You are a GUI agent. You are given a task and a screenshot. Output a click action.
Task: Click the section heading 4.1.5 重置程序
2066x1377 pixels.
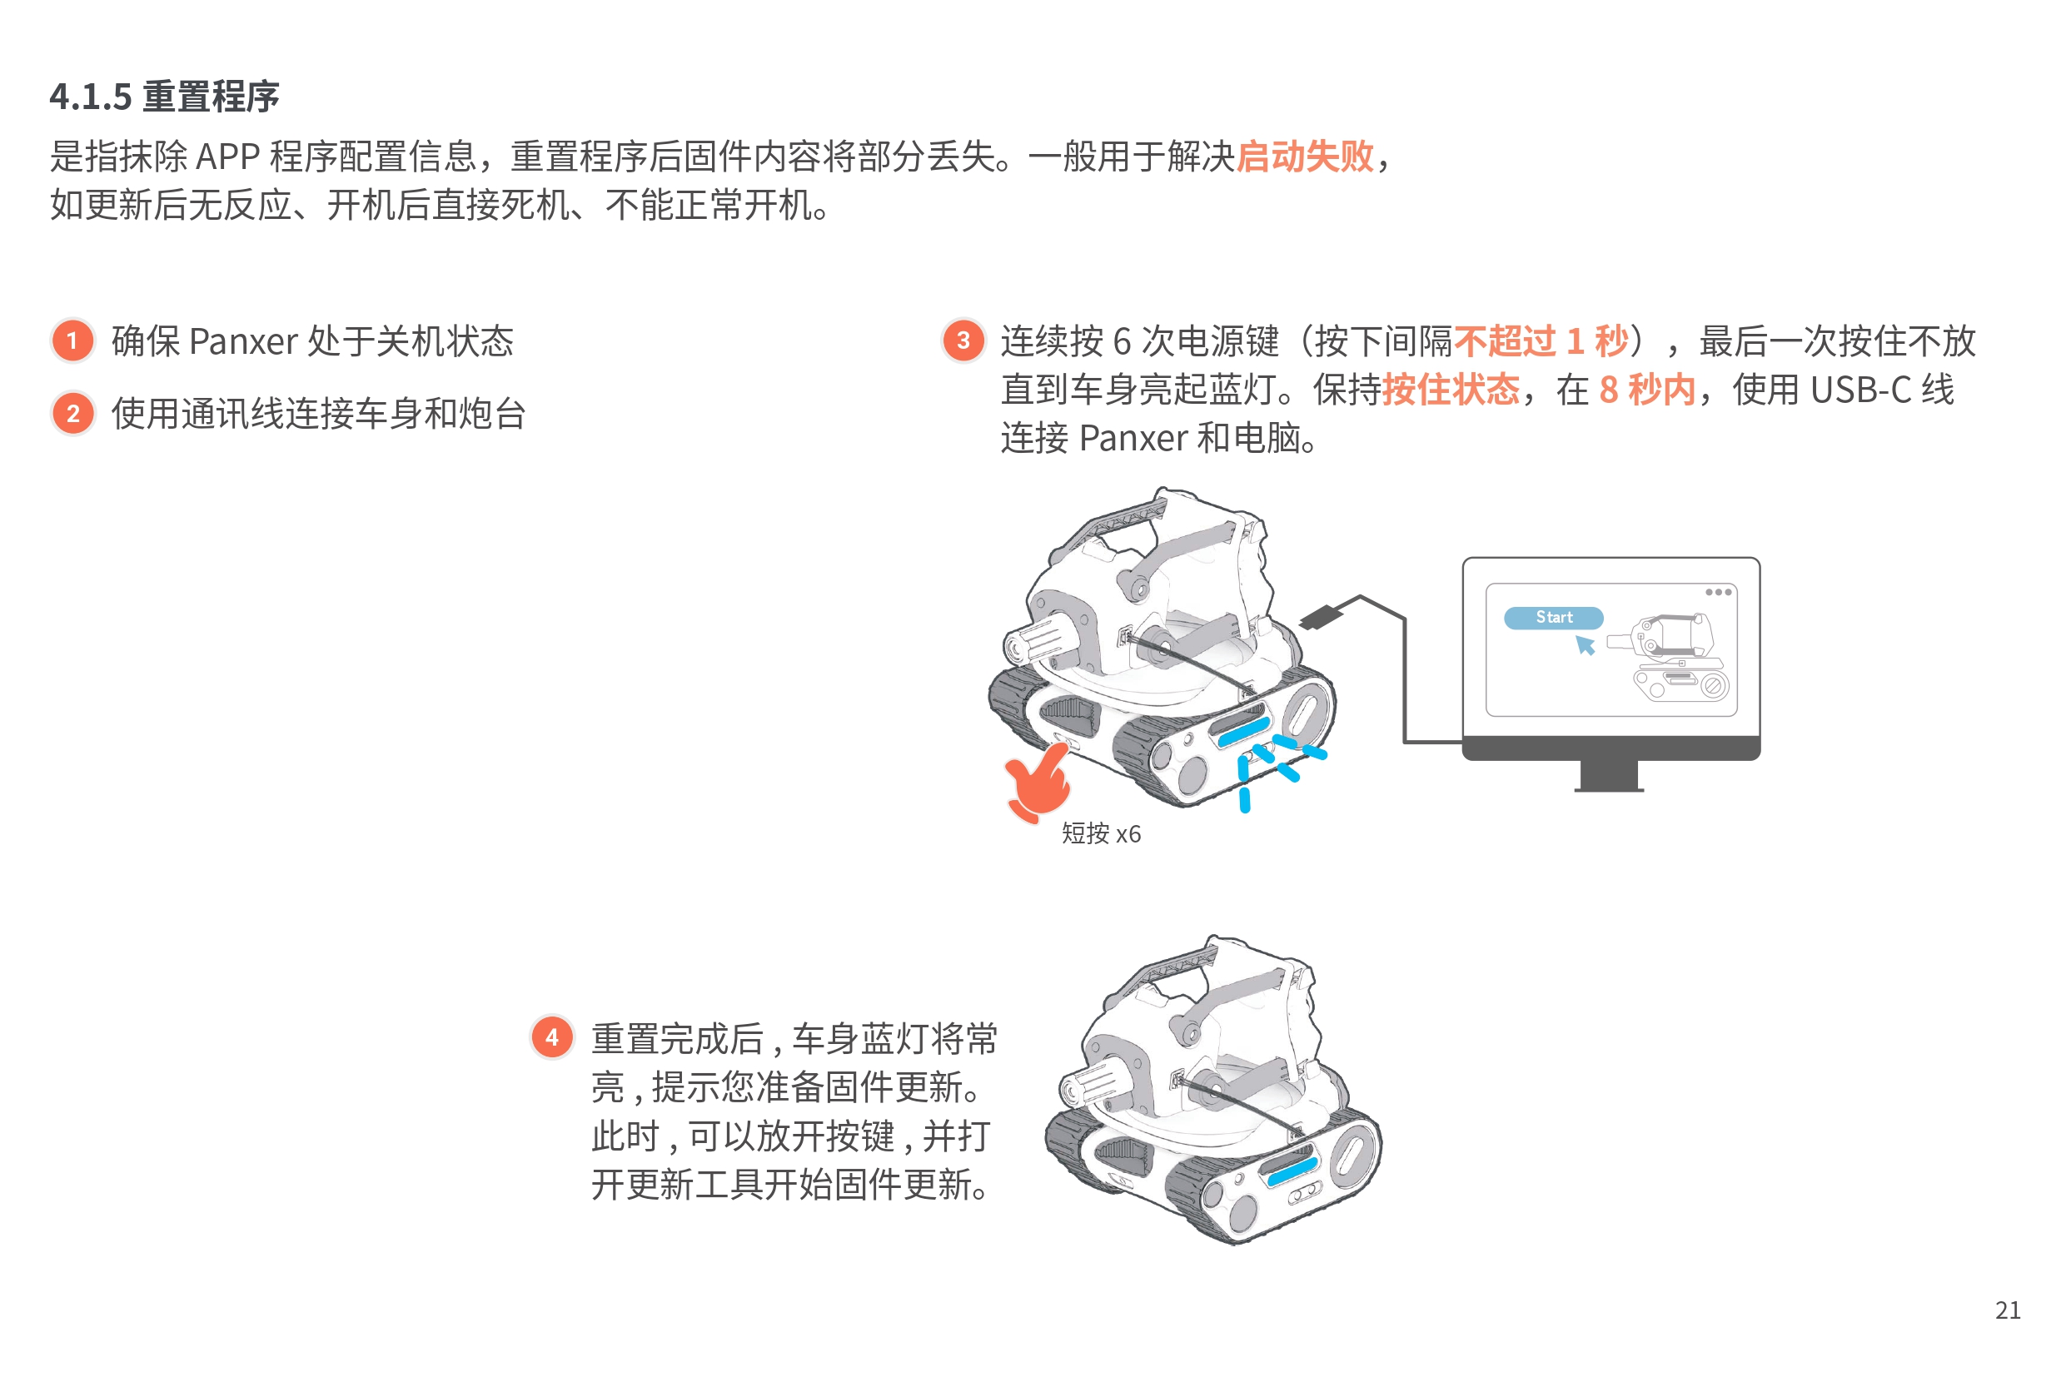pos(164,97)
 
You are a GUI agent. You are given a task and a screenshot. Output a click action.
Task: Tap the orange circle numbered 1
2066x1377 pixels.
pos(73,341)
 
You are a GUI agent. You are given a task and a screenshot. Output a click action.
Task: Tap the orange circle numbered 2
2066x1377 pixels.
pos(73,414)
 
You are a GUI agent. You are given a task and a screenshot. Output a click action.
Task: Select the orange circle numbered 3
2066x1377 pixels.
pos(963,341)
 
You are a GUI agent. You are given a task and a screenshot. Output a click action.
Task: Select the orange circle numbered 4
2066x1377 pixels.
pos(551,1037)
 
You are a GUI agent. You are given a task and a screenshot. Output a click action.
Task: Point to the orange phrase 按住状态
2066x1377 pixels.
pos(1451,389)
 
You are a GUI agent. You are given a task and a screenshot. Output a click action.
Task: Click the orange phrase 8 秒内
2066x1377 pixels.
pos(1646,389)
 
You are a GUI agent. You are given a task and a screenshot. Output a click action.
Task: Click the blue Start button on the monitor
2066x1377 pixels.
pos(1553,618)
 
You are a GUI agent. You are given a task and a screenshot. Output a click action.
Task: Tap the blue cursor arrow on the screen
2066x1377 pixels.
pos(1585,645)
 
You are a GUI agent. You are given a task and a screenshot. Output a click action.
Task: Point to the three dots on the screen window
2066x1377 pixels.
pos(1718,592)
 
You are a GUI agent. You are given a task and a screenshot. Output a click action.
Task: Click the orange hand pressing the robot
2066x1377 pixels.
pos(1038,782)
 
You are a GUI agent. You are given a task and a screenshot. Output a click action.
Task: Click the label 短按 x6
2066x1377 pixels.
pos(1101,833)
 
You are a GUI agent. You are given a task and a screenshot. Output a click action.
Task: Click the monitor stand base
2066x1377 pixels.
pos(1608,787)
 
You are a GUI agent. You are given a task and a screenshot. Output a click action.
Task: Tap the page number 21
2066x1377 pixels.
pos(2007,1310)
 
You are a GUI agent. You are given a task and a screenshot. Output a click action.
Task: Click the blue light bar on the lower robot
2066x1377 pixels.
pos(1292,1171)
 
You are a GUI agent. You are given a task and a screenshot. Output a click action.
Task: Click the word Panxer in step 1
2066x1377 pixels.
pos(243,341)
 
